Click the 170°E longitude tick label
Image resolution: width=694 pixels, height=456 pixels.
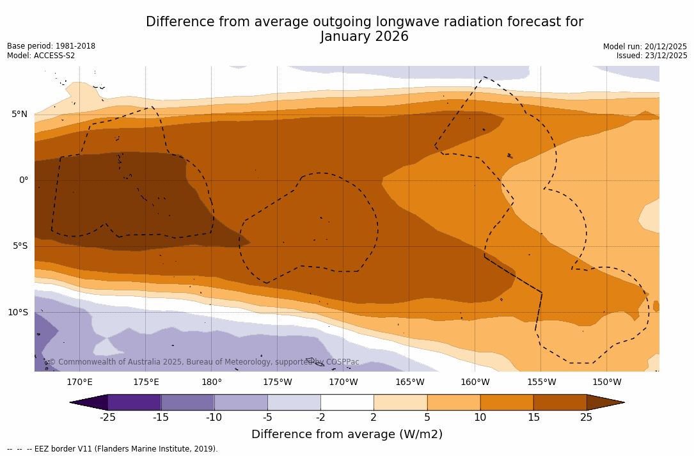pos(79,382)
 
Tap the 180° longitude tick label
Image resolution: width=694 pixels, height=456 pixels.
pos(212,382)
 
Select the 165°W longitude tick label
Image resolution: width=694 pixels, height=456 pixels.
pos(409,382)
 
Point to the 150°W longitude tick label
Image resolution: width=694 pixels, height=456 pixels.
pos(607,382)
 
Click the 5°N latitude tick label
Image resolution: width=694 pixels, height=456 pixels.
pos(19,114)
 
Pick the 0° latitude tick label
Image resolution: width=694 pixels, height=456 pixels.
pos(23,180)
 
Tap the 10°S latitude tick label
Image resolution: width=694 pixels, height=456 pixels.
pos(17,313)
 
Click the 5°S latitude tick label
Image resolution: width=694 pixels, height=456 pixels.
pos(19,246)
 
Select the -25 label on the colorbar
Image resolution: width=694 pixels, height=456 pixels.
pos(107,418)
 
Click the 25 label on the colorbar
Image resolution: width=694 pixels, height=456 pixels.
pos(587,418)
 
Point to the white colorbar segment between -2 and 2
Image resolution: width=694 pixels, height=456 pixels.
pos(347,402)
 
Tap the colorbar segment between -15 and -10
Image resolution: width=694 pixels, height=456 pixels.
pos(187,402)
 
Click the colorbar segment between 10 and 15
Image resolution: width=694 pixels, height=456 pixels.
pos(507,402)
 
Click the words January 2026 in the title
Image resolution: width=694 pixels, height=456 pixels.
pos(365,37)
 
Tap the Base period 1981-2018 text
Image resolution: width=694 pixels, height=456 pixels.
pos(51,46)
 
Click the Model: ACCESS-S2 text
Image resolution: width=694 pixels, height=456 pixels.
pos(41,56)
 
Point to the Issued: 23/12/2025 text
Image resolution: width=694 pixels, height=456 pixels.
pos(652,56)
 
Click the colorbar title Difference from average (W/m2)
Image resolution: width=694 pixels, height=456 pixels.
pos(347,435)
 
